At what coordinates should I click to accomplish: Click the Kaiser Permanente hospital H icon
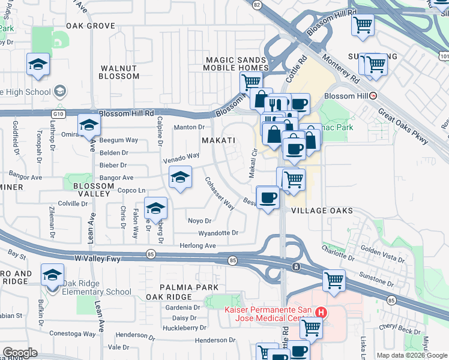(x=321, y=313)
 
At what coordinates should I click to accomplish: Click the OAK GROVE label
(x=90, y=26)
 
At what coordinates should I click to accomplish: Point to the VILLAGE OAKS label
(x=321, y=211)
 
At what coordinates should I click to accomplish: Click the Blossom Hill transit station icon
(x=373, y=95)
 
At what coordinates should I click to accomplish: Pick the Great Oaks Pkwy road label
(x=403, y=126)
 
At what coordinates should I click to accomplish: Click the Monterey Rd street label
(x=340, y=68)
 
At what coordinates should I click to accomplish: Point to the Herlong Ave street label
(x=197, y=246)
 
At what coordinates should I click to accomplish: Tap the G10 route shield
(x=58, y=113)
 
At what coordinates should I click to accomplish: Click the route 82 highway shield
(x=257, y=4)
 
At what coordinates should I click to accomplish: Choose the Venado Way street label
(x=181, y=158)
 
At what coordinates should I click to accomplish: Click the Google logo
(x=20, y=353)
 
